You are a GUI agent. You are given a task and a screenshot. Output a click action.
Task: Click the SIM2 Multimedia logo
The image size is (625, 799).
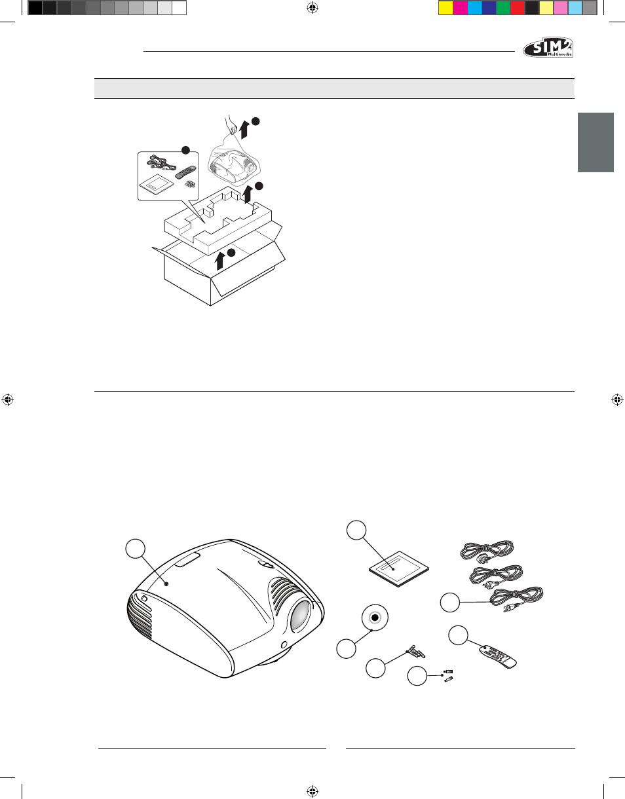click(x=548, y=47)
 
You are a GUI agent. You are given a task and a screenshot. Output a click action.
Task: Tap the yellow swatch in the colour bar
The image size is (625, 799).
click(x=445, y=8)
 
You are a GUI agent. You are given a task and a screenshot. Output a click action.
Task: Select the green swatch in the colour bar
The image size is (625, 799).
click(x=503, y=8)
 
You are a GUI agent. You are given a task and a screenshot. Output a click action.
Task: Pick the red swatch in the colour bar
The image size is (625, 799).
click(x=518, y=8)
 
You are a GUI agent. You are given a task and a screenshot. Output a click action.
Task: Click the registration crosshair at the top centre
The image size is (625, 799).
click(x=312, y=7)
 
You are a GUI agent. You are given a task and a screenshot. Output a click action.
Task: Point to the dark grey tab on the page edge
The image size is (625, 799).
click(x=596, y=142)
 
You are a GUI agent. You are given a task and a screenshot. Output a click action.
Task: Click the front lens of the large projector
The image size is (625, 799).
click(x=300, y=615)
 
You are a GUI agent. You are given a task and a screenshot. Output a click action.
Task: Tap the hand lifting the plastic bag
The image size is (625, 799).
click(x=231, y=125)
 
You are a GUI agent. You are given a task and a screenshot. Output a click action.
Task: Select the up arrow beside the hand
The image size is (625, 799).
click(x=243, y=130)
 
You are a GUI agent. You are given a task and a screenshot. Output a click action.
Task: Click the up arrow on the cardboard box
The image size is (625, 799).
click(x=219, y=260)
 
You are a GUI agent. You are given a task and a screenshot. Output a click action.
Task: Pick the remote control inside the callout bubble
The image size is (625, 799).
click(x=185, y=172)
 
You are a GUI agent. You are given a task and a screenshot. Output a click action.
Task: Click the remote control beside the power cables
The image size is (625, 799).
click(x=498, y=657)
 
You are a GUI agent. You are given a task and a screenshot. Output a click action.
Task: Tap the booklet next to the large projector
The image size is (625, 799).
click(x=399, y=569)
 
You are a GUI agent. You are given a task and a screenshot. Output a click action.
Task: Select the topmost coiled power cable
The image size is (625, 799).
click(x=486, y=552)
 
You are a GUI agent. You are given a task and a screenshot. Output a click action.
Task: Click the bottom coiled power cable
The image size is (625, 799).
click(x=516, y=599)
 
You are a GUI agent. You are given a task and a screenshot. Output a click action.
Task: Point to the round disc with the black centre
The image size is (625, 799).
click(x=375, y=618)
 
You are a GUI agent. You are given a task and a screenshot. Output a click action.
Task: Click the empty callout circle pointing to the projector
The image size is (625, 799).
click(x=136, y=549)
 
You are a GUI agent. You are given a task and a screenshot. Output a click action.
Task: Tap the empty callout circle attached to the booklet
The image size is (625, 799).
click(x=356, y=530)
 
